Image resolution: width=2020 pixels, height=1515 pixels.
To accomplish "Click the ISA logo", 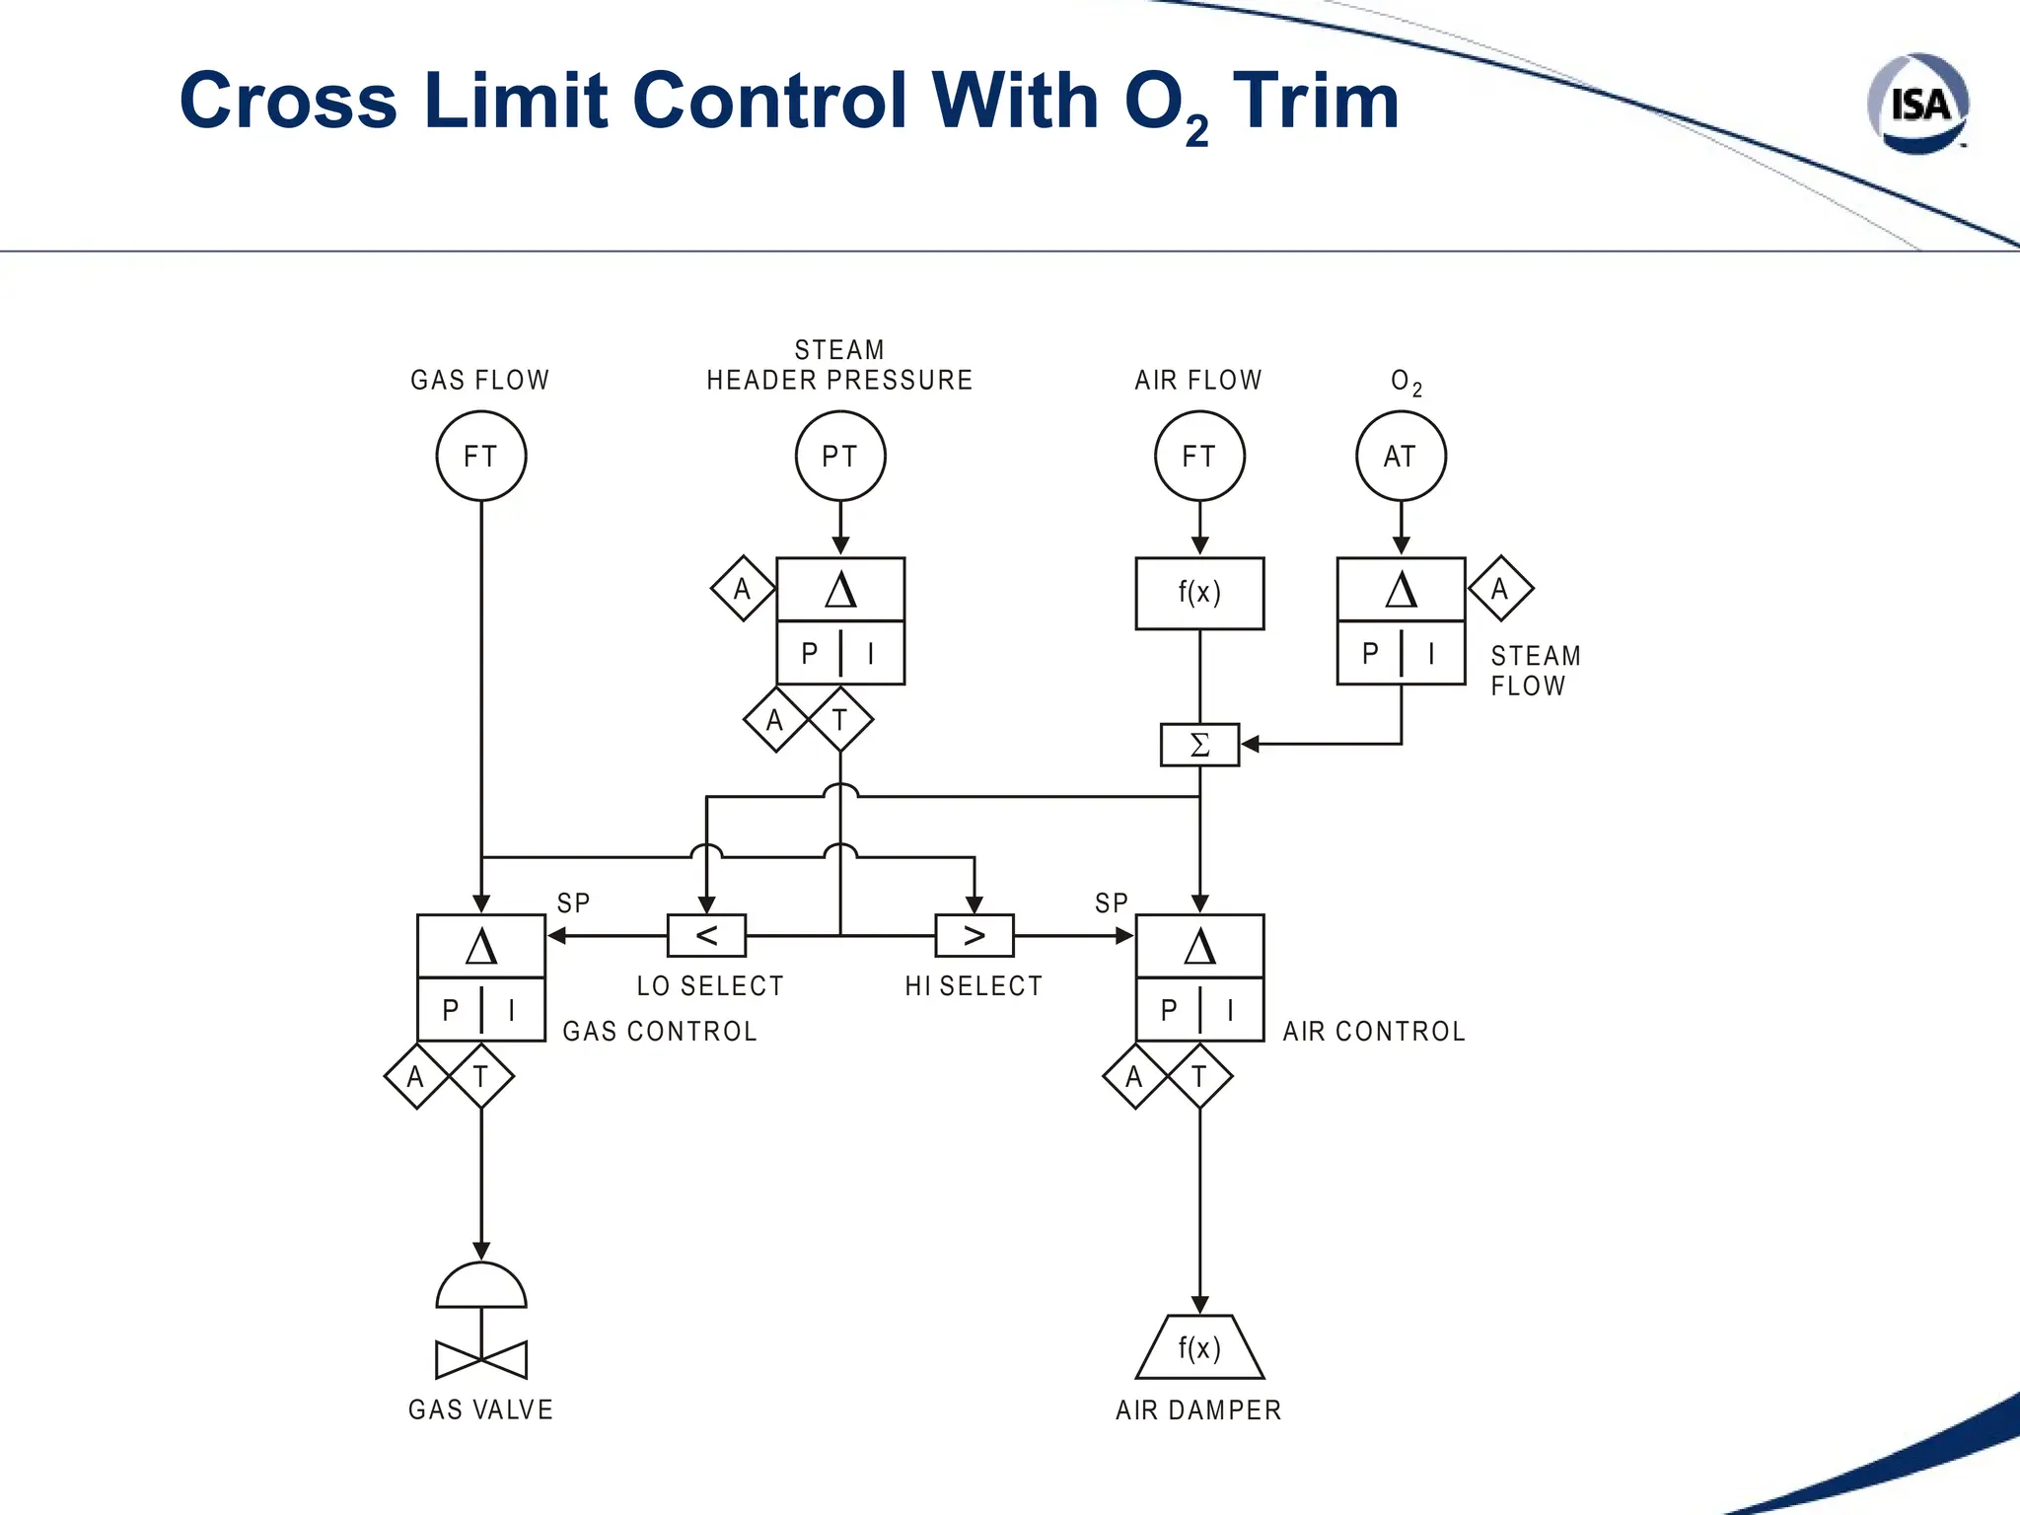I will [1917, 104].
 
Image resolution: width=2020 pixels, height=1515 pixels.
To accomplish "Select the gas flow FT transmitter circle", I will [481, 456].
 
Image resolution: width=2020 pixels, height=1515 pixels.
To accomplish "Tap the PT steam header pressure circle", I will [840, 456].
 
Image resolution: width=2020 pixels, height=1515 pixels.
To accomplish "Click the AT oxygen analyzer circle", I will [1401, 456].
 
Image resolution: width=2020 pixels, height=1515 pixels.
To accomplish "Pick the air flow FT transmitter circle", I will [1199, 456].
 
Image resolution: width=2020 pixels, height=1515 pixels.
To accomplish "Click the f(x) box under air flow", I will [1199, 593].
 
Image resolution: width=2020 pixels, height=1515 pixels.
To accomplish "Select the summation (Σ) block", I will [1199, 745].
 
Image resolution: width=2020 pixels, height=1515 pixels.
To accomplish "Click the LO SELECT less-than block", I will [706, 935].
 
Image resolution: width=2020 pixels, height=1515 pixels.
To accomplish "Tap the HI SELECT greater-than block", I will [974, 935].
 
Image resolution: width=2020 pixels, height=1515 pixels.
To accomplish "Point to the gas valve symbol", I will [481, 1322].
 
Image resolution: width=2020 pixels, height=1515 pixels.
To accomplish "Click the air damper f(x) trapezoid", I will [1199, 1347].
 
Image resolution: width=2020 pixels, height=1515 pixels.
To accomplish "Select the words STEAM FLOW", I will [1535, 671].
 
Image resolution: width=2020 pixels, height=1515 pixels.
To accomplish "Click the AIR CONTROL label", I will [1373, 1032].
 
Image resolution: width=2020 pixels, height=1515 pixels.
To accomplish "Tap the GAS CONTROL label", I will [660, 1032].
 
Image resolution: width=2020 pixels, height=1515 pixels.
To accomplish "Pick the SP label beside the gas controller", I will [573, 903].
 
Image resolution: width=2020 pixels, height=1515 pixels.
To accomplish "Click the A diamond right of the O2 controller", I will [1500, 589].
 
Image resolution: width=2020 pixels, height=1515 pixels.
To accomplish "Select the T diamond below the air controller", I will [1199, 1076].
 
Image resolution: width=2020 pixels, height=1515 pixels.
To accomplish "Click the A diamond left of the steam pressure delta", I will [743, 589].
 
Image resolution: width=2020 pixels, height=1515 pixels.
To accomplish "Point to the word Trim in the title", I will [1316, 101].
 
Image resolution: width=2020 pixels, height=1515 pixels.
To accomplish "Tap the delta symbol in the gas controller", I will [481, 947].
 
